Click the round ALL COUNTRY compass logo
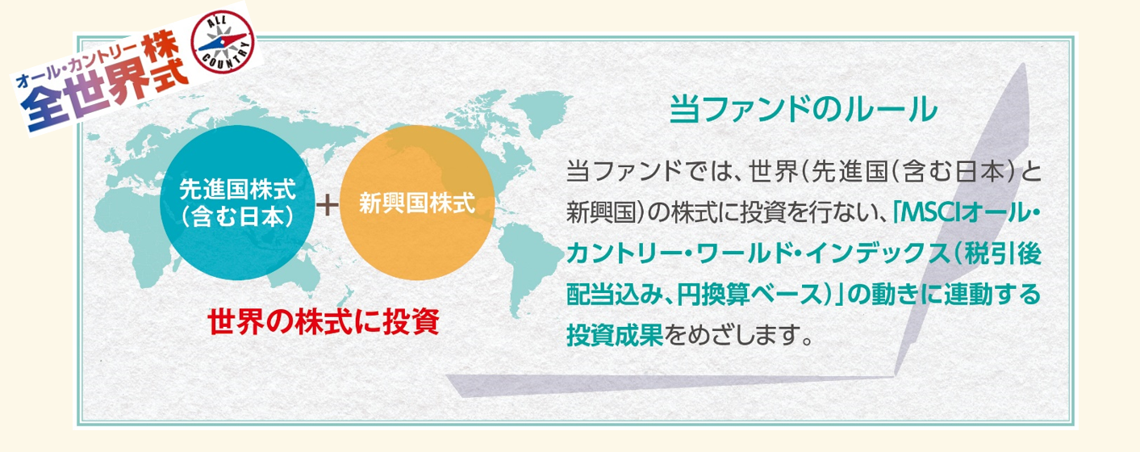223,42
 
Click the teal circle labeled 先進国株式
237,203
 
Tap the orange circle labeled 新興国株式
417,203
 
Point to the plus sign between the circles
328,205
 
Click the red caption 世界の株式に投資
324,322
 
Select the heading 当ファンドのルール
803,110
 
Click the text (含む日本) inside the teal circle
237,217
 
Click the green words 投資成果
615,335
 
